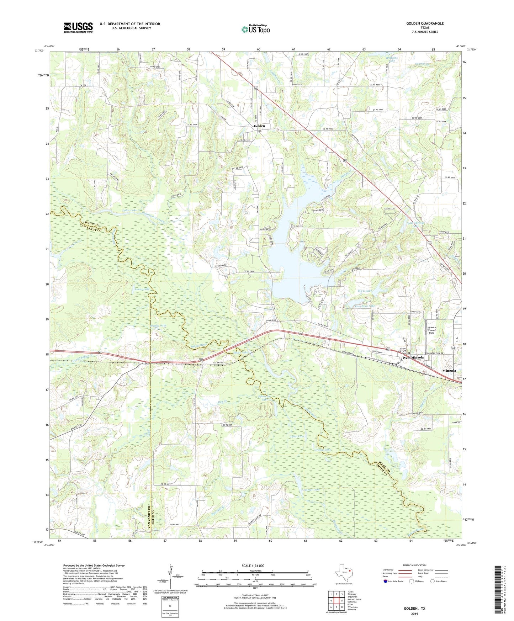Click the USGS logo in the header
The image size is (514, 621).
click(78, 27)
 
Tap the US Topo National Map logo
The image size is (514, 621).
click(255, 29)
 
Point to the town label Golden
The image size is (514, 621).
click(259, 126)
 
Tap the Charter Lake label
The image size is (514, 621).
click(311, 490)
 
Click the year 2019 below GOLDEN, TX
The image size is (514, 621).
click(414, 614)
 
